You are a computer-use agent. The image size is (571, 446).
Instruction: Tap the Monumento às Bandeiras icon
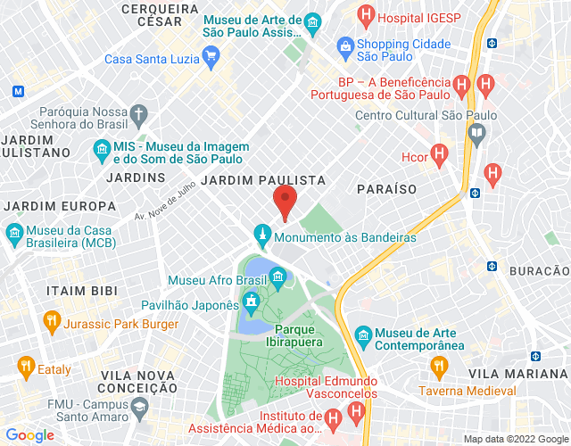[x=261, y=236]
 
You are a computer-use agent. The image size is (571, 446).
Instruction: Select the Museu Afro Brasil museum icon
[x=277, y=275]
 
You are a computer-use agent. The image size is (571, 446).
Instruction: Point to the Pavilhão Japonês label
[x=190, y=305]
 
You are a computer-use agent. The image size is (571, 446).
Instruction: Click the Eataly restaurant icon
[x=24, y=366]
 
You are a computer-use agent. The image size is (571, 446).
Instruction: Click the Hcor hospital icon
[x=438, y=155]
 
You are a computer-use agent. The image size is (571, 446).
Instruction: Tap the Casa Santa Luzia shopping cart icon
[x=211, y=59]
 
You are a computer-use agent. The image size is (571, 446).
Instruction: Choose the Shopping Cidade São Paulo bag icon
[x=345, y=45]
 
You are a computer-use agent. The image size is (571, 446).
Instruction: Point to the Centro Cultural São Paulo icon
[x=476, y=134]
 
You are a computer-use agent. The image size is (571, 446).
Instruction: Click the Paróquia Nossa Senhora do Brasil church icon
[x=138, y=113]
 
